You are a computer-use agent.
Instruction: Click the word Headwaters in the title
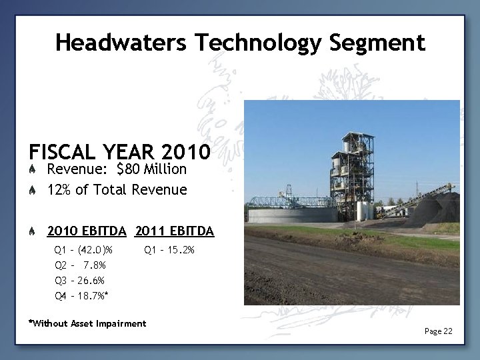[121, 43]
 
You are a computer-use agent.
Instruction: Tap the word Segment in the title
[377, 43]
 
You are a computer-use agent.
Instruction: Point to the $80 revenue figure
[132, 169]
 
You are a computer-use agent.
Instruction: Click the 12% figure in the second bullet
[59, 190]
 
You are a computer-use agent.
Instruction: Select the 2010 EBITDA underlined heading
[87, 231]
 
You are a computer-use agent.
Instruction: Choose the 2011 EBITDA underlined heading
[174, 231]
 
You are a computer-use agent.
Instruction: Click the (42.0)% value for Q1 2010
[95, 251]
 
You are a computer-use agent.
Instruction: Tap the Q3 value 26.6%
[91, 280]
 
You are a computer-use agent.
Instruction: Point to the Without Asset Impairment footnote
[87, 324]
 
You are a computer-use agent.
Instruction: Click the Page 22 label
[438, 331]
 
